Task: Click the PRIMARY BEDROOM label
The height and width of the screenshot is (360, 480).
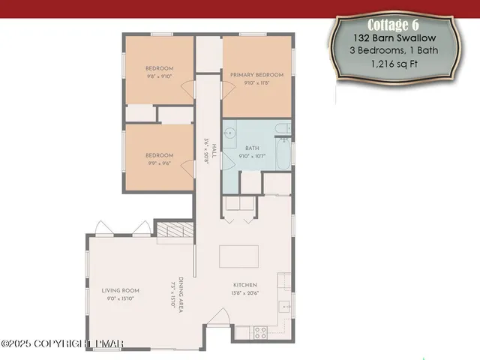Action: tap(256, 75)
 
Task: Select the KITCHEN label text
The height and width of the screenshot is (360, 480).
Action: tap(245, 285)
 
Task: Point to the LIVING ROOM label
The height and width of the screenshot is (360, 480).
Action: tap(121, 290)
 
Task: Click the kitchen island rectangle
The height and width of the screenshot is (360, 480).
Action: tap(239, 256)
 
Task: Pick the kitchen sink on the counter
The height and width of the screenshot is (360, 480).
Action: tap(284, 306)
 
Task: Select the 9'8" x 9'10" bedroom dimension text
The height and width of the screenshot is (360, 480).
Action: tap(159, 76)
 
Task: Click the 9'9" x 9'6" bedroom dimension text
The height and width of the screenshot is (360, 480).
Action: tap(159, 163)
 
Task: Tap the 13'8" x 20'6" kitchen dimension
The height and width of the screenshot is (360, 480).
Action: tap(245, 293)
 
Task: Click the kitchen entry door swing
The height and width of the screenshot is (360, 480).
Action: tap(217, 319)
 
